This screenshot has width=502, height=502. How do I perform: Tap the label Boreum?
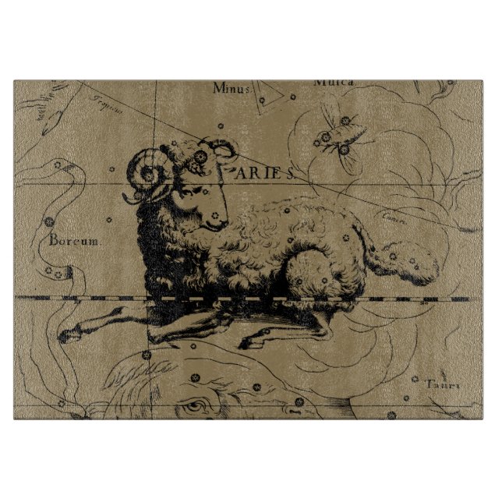[x=75, y=241]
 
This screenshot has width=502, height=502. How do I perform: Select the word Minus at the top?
[x=232, y=88]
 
